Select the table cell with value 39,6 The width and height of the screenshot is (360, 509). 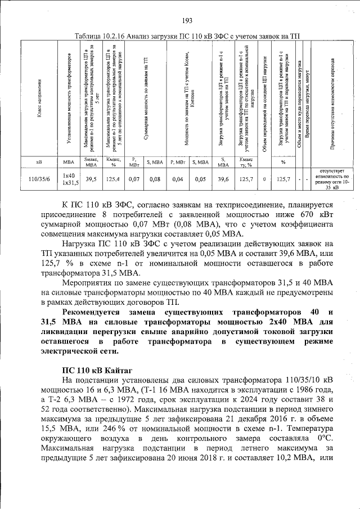(x=223, y=179)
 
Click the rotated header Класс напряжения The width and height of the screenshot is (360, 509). (x=38, y=98)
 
